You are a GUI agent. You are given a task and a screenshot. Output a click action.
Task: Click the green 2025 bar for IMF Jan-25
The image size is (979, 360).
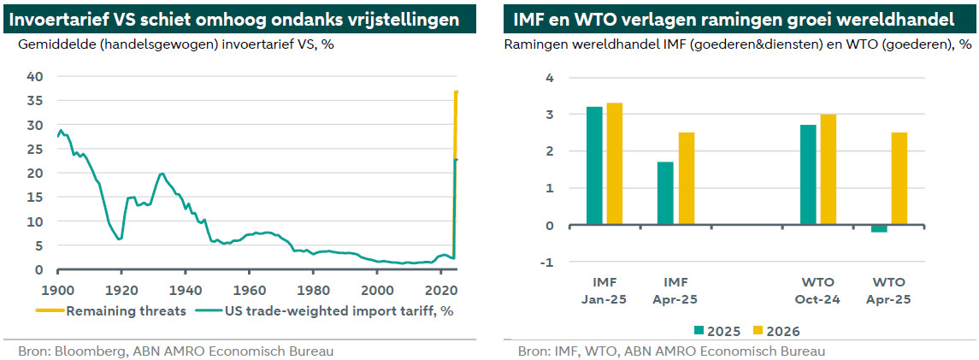(x=593, y=166)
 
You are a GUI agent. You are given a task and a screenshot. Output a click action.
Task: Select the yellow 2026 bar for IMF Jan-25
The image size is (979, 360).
(x=615, y=164)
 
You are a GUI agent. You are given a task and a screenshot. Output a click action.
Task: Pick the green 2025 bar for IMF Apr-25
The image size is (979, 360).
(x=665, y=193)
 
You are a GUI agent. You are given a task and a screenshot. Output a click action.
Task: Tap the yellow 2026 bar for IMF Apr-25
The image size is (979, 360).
(x=687, y=179)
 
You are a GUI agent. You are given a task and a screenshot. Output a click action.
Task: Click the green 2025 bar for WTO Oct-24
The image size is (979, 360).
(x=808, y=175)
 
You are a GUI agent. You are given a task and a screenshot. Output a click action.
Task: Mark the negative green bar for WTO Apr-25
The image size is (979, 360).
(x=878, y=229)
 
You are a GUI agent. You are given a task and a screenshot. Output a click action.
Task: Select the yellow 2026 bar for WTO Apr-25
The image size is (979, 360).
(x=899, y=179)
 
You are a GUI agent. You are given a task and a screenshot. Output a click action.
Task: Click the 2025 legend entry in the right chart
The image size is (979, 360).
(x=712, y=331)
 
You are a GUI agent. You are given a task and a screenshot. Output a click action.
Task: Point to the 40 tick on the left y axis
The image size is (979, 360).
(x=35, y=77)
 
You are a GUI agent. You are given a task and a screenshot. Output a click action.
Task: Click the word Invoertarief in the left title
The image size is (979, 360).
(x=55, y=18)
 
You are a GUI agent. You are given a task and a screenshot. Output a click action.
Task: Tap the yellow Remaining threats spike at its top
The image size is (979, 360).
(x=457, y=91)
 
